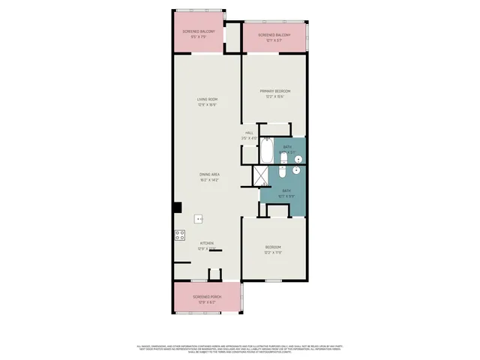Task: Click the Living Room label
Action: pos(207,99)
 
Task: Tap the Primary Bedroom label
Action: pos(275,91)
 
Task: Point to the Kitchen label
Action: pos(207,242)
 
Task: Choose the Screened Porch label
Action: pos(207,297)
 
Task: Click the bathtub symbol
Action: pos(267,151)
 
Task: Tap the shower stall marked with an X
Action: pos(260,175)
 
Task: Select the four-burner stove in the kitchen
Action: pos(180,234)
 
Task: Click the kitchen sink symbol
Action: pos(199,219)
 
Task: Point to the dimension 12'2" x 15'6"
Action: pos(275,97)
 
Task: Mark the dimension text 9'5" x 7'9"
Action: pos(199,36)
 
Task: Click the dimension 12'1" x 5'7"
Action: pos(274,40)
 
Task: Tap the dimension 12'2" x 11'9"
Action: pos(274,253)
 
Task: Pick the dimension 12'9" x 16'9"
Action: pos(207,105)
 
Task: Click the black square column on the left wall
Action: pos(178,207)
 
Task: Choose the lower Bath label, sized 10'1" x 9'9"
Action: pos(286,192)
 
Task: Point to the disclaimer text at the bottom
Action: pos(239,349)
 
